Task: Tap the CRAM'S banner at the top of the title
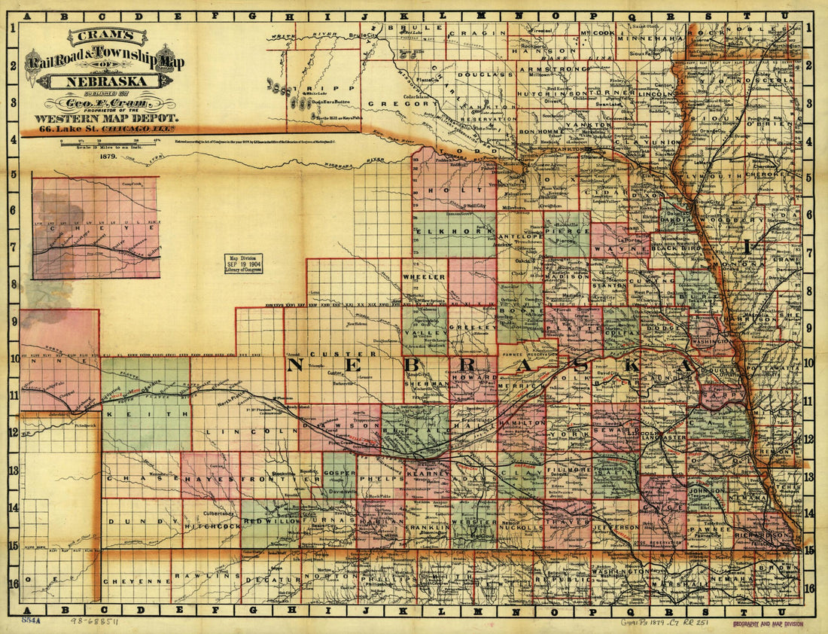106,36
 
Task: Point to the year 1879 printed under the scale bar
105,157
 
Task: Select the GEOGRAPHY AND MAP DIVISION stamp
767,623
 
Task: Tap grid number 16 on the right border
810,588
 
